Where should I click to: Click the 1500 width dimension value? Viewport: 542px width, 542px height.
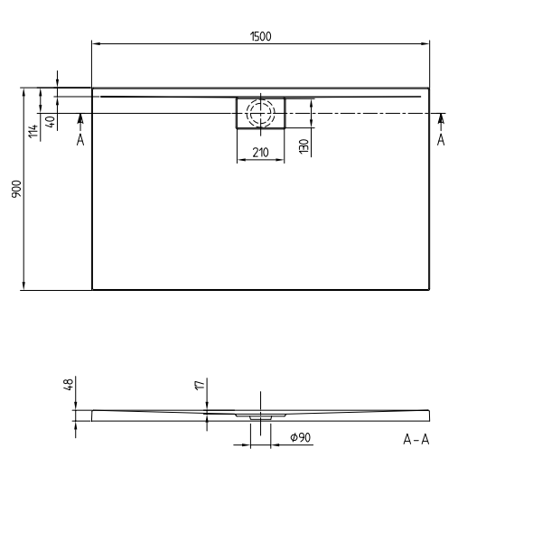coord(262,36)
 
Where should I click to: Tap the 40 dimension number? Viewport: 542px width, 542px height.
coord(51,123)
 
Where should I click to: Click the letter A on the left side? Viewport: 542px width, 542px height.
coord(80,139)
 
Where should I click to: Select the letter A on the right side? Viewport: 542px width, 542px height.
coord(441,139)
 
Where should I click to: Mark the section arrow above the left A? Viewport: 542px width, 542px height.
coord(80,119)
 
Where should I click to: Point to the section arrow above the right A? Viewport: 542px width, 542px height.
coord(441,119)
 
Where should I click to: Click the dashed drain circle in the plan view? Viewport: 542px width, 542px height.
coord(260,113)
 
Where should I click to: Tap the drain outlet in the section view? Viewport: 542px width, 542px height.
coord(260,417)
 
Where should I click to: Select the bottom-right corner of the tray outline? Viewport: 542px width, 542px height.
coord(430,290)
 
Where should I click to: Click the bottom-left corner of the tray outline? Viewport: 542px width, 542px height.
coord(92,290)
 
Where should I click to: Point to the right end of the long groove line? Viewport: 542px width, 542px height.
coord(421,94)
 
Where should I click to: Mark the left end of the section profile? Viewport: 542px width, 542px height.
coord(93,415)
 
